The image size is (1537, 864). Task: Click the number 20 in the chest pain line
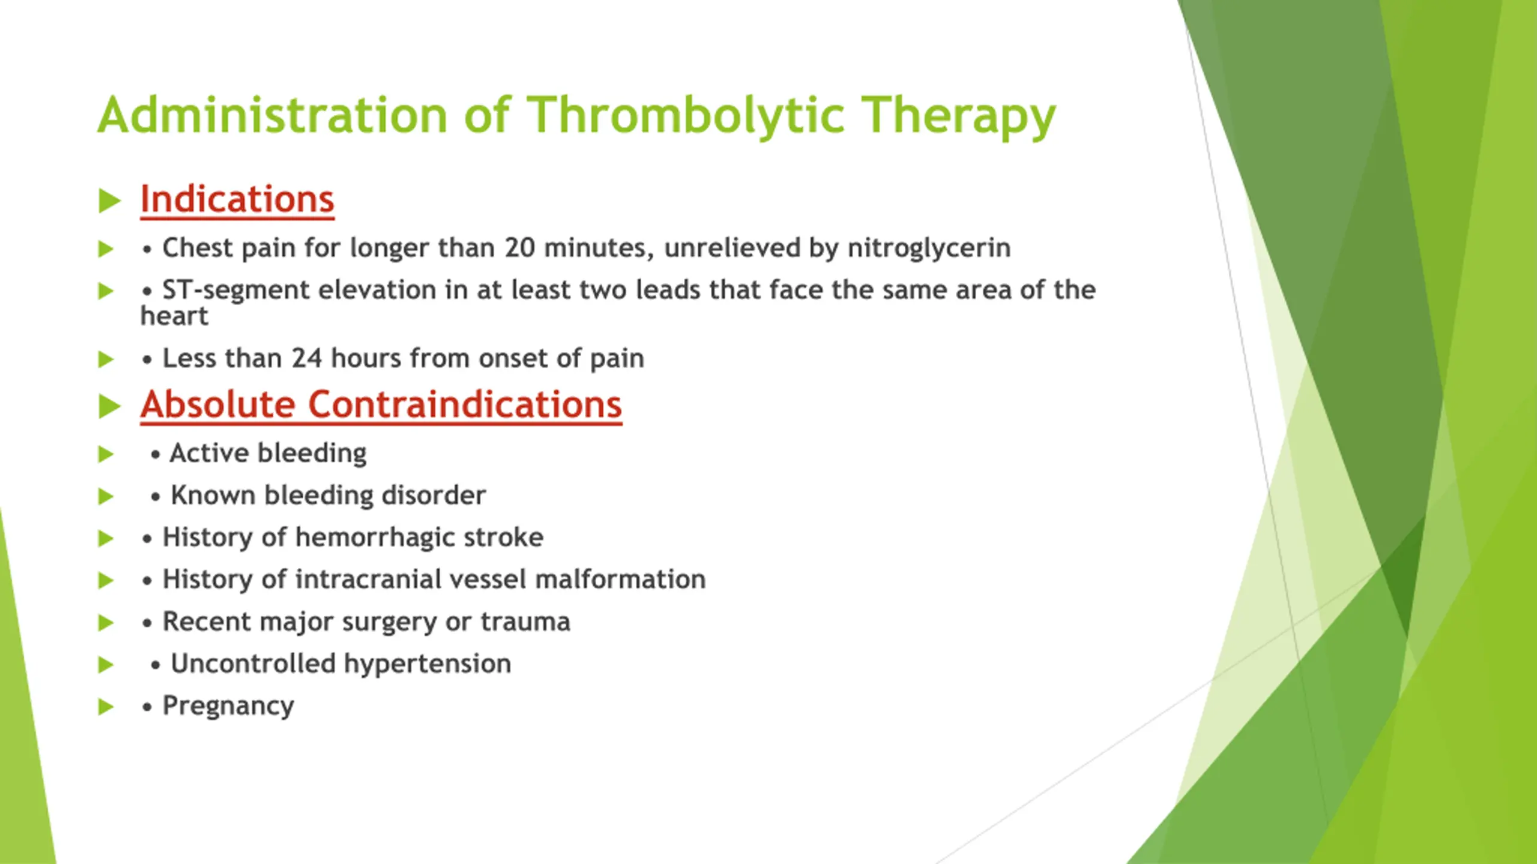[x=519, y=248]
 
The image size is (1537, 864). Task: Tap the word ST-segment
[x=236, y=290]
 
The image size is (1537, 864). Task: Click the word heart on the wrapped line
[x=174, y=316]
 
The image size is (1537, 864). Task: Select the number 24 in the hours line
[x=307, y=358]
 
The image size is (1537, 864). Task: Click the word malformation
[x=620, y=580]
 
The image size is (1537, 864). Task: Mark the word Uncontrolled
[x=253, y=664]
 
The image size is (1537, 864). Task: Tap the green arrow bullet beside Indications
[x=109, y=200]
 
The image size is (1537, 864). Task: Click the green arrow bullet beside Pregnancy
[x=106, y=707]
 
